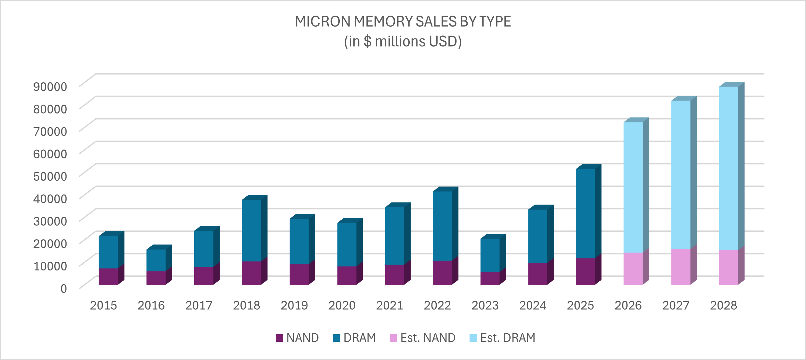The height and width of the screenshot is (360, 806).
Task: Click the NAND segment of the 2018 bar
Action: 251,273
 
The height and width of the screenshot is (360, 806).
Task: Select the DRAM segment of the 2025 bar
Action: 585,213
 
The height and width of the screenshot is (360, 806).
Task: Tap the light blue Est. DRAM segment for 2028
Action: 728,168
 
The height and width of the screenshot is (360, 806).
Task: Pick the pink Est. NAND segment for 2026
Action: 633,268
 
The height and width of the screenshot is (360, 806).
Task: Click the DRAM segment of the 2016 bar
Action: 156,260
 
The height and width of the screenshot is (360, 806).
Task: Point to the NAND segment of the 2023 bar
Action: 490,278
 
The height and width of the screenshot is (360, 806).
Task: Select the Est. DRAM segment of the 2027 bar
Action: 680,175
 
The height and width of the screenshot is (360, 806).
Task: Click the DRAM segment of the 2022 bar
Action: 442,226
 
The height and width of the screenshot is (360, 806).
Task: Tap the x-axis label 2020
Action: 342,305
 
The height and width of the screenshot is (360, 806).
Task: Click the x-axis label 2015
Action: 103,305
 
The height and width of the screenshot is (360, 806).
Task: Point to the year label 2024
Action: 533,305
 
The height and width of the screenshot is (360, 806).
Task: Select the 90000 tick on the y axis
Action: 50,87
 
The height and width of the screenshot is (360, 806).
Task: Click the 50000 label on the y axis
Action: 50,176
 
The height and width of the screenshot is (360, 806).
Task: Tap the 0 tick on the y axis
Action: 64,288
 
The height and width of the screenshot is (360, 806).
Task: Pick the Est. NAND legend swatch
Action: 393,338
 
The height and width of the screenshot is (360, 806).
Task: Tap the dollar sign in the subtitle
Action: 367,41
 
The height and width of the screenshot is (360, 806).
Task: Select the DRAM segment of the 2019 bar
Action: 299,241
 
